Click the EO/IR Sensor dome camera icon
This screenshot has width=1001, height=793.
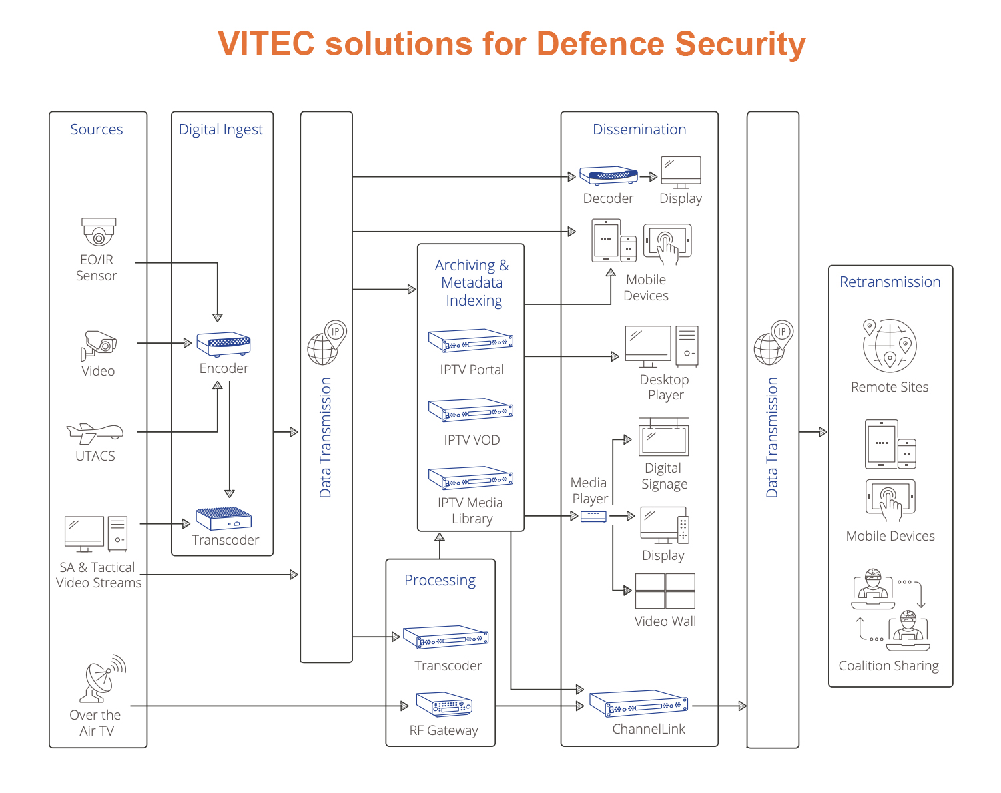point(99,231)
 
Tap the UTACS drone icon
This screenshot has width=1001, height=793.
point(95,433)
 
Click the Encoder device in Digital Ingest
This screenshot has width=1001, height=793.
point(223,344)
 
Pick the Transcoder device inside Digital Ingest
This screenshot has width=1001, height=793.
point(224,518)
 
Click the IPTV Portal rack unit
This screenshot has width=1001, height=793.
point(471,340)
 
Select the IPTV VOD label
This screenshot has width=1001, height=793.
point(471,439)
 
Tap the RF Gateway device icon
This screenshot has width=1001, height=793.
point(444,704)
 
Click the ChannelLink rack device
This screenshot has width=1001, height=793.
point(638,702)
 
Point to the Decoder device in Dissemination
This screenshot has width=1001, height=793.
point(609,175)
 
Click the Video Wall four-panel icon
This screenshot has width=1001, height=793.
point(665,591)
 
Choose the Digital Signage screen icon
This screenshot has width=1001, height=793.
point(663,437)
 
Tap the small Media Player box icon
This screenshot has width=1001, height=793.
point(593,516)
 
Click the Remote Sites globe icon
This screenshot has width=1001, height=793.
point(889,345)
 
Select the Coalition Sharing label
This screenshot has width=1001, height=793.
point(888,666)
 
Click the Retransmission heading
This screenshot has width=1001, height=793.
point(890,282)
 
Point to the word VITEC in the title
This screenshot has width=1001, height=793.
point(266,44)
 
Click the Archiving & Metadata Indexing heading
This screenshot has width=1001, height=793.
point(472,282)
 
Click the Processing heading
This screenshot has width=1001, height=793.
point(440,580)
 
